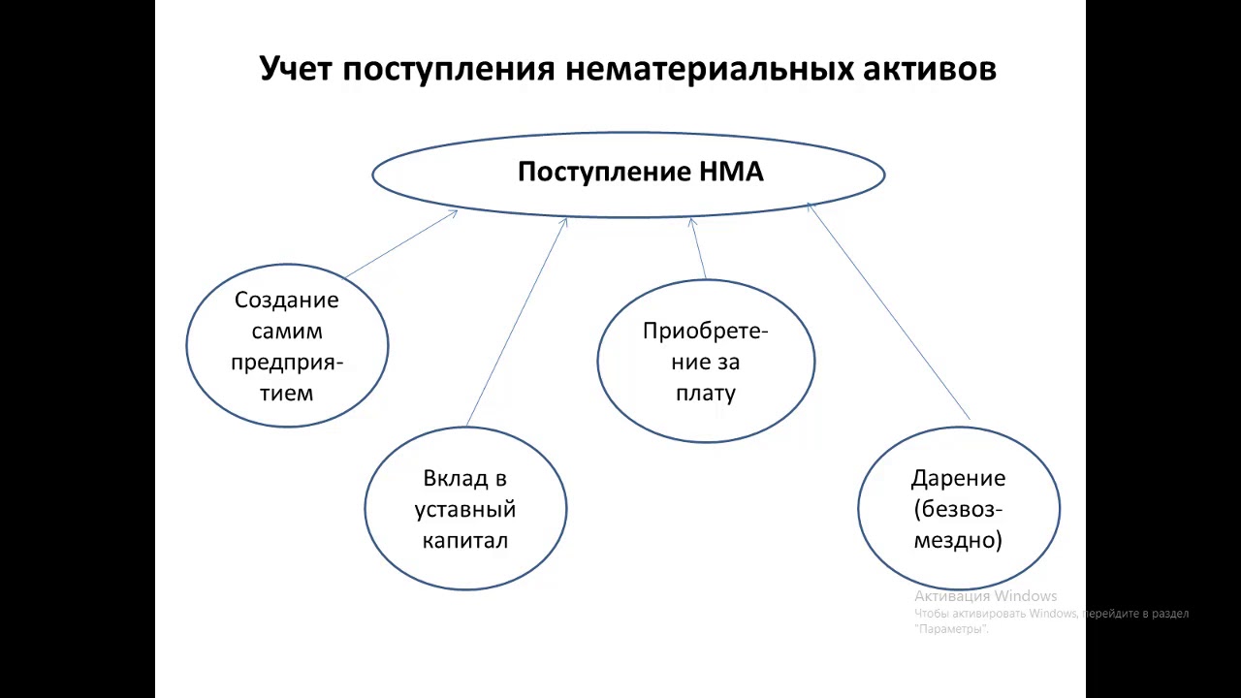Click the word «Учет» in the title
pos(297,70)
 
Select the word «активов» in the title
pos(929,70)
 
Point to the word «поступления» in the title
pos(449,70)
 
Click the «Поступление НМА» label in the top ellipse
pos(640,173)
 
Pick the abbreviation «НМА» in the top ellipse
pos(731,173)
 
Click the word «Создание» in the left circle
pos(287,300)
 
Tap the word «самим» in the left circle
pos(287,331)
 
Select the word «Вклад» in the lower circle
pos(452,478)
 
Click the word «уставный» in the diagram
pos(465,509)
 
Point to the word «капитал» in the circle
pos(465,540)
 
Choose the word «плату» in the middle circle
pos(706,393)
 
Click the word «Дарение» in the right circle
pos(958,478)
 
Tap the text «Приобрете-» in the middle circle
pos(706,331)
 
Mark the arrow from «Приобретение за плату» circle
pos(698,249)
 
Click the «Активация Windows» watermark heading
pos(985,596)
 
